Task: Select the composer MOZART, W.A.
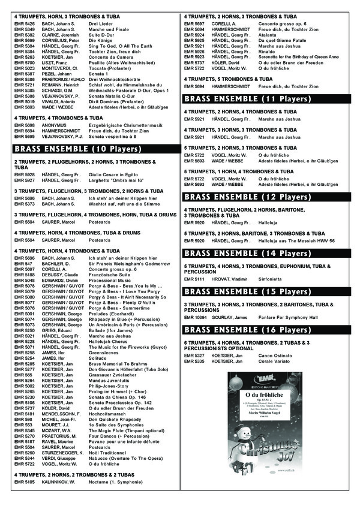(x=56, y=430)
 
